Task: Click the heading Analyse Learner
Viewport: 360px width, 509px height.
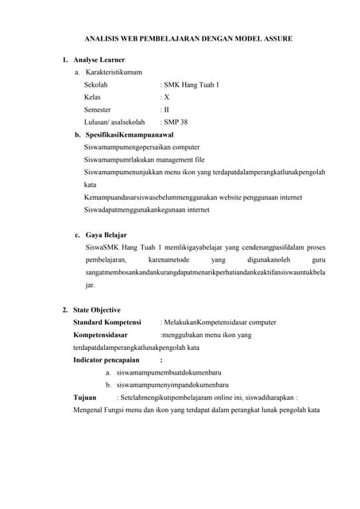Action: click(99, 60)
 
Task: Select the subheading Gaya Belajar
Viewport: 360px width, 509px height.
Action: click(106, 235)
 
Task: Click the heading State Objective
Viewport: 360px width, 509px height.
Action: click(97, 309)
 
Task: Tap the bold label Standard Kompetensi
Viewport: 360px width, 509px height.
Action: click(107, 322)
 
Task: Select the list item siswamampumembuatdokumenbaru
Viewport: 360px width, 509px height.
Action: click(168, 372)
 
